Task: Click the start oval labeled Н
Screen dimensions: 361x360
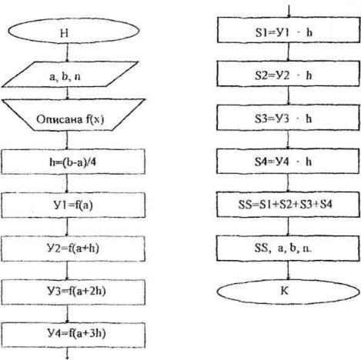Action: point(74,31)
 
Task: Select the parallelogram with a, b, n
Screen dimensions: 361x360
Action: point(70,75)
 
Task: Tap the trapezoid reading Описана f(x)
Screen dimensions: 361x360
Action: point(73,115)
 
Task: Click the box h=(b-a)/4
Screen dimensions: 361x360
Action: point(73,162)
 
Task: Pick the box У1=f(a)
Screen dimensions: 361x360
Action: point(73,205)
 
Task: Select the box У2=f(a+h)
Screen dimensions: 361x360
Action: point(73,248)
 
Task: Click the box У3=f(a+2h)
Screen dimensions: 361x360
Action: point(73,292)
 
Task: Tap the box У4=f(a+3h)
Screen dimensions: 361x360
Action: point(73,335)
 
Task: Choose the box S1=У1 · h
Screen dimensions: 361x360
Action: point(289,30)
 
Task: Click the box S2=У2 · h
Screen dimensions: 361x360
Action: point(288,74)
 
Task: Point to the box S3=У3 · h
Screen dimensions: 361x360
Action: point(288,118)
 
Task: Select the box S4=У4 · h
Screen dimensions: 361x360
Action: point(288,161)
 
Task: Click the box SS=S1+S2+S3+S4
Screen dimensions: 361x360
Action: point(288,205)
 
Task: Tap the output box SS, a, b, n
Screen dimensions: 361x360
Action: point(288,248)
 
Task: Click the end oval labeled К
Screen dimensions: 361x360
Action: point(289,292)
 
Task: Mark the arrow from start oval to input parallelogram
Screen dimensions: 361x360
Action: point(67,52)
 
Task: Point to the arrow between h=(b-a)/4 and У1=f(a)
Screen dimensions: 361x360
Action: point(67,184)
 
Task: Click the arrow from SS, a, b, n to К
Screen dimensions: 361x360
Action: point(288,271)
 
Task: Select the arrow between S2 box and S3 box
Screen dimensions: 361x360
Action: point(288,95)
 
